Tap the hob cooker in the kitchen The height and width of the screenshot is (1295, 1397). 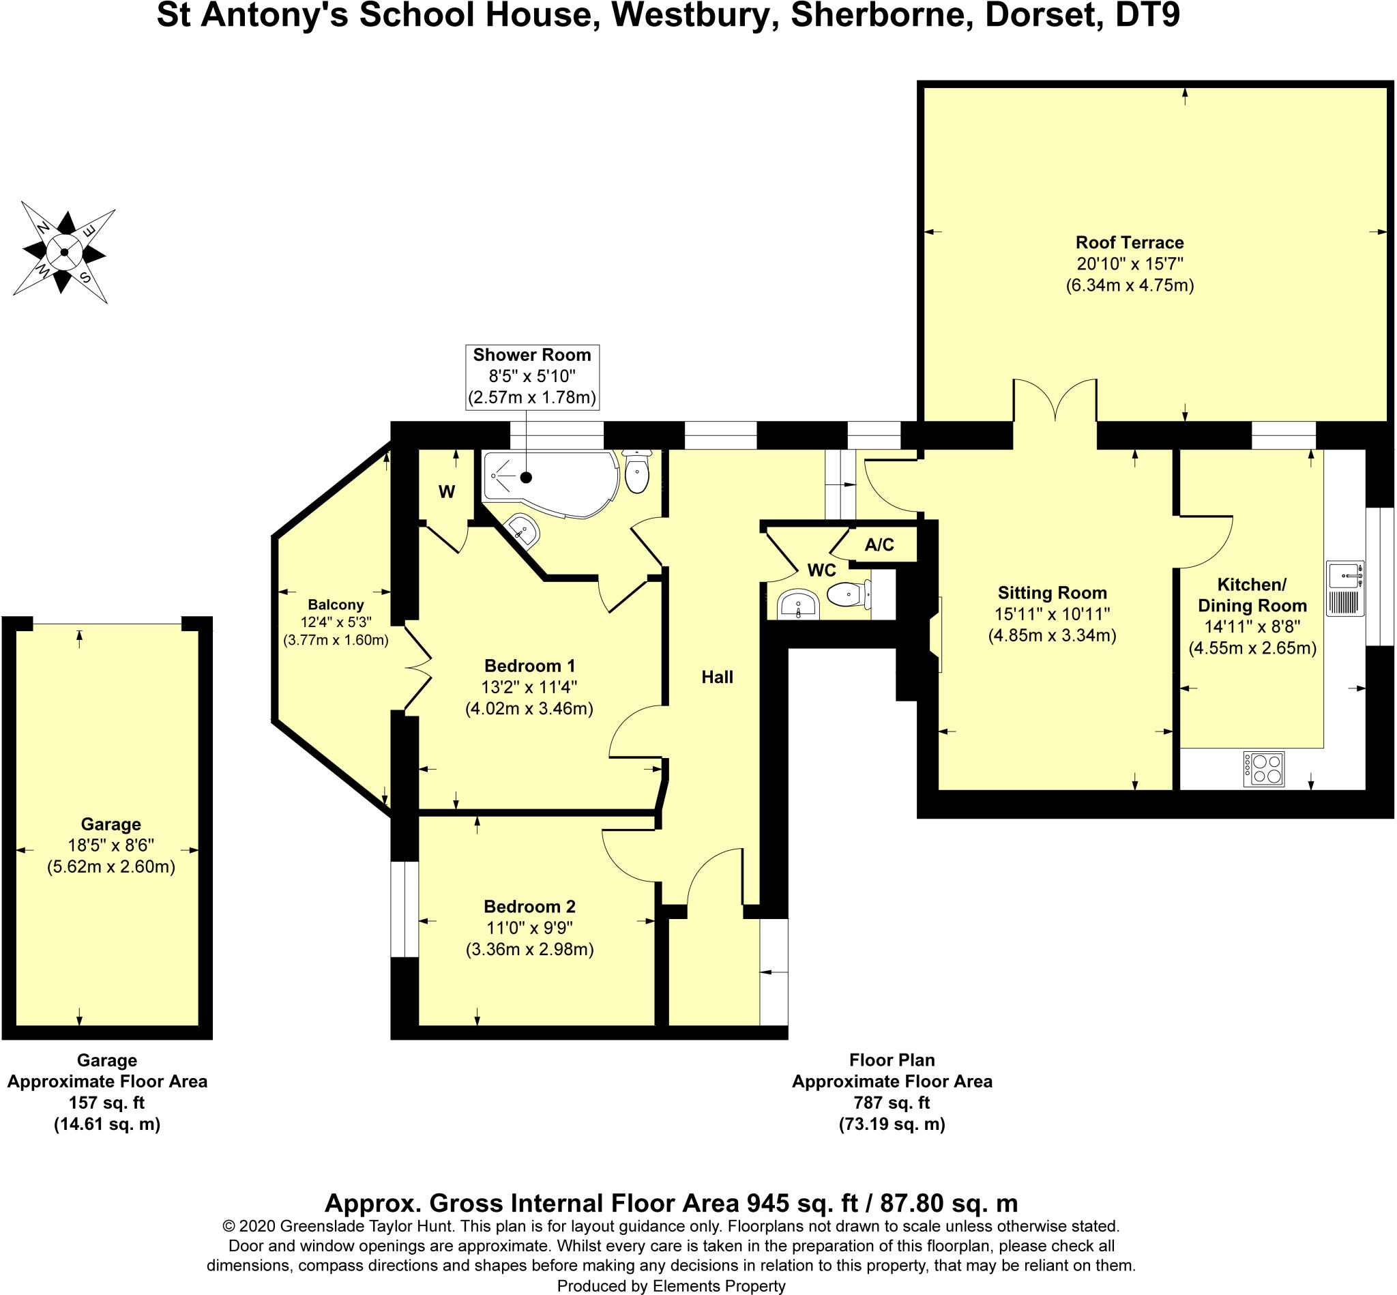1264,769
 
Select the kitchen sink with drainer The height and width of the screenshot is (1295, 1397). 1344,588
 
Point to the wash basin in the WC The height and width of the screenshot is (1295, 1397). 797,604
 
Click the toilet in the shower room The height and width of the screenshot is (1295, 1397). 636,472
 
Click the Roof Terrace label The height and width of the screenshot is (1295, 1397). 1130,242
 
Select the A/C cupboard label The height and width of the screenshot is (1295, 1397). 879,544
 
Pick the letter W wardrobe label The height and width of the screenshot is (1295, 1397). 447,492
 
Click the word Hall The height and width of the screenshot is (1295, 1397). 717,677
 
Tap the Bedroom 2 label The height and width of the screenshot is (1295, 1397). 529,906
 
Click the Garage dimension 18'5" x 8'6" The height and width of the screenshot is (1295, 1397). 111,845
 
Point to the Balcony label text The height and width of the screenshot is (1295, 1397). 336,605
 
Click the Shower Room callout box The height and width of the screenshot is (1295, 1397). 532,377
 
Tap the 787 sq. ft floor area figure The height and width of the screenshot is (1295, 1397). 891,1103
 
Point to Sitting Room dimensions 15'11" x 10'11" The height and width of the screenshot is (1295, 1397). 1052,614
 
